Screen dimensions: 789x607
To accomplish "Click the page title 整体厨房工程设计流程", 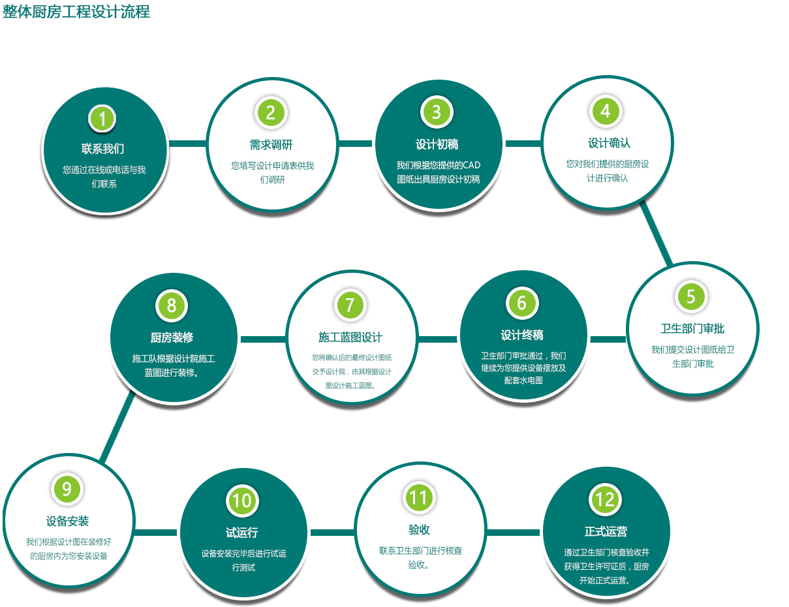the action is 76,11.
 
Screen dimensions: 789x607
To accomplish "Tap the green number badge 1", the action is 102,118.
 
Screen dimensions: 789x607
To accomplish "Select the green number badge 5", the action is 691,296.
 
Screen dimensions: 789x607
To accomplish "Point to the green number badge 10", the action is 242,501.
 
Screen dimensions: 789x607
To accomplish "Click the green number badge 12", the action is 605,499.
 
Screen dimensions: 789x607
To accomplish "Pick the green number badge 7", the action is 350,305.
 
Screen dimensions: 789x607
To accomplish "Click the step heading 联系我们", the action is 102,148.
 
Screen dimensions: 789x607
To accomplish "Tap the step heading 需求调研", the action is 271,145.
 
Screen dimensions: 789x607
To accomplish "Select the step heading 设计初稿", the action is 437,144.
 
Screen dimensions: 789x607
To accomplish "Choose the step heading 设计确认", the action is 610,143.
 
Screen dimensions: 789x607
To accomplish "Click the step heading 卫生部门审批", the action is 692,328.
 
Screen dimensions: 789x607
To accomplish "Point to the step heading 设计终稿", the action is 522,335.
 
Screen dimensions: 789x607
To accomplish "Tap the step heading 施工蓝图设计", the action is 350,337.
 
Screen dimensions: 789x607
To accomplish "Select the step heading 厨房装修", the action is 172,337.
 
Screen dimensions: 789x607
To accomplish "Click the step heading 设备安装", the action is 67,521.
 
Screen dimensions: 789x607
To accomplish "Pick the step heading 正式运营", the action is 606,531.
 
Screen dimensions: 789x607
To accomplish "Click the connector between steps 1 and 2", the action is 188,144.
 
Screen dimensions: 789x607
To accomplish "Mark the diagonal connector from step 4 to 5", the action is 656,232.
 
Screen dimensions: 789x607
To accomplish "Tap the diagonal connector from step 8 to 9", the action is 117,428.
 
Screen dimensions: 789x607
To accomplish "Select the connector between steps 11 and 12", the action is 513,532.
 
